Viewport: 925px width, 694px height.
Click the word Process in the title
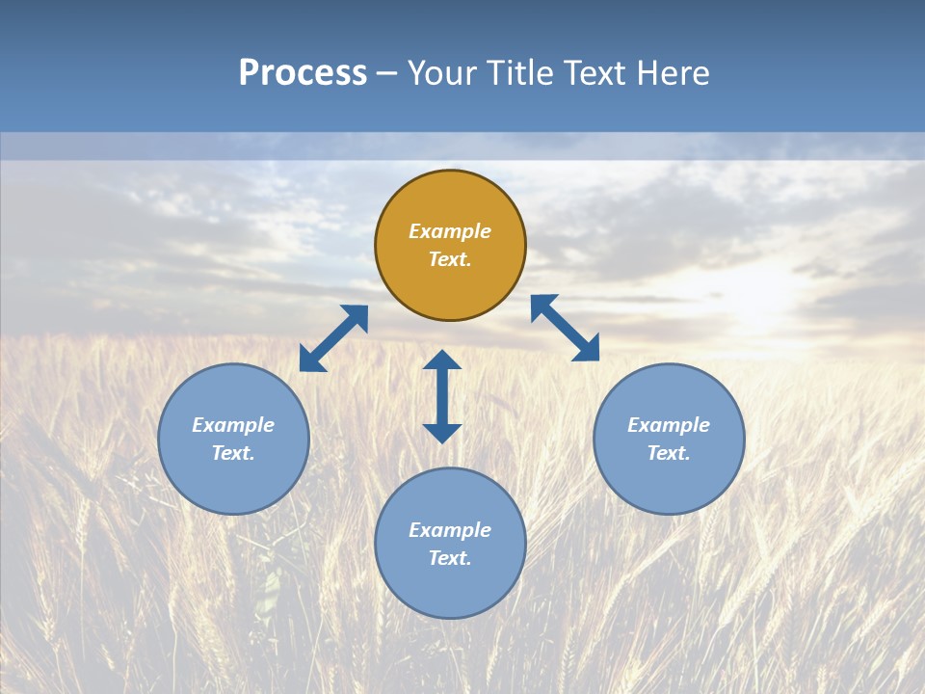[x=303, y=73]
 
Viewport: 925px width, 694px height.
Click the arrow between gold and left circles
[x=333, y=338]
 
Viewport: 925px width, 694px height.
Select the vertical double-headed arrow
[x=442, y=396]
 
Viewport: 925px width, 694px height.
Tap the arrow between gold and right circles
[x=565, y=328]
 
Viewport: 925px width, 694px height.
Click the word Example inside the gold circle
[x=450, y=231]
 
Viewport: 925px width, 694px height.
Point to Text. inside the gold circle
[x=450, y=259]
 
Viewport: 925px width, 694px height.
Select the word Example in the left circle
[x=233, y=425]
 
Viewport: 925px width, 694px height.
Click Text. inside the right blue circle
[x=669, y=453]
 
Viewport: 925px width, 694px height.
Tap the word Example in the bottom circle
[x=450, y=530]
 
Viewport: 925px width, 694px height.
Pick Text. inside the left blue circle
[x=233, y=453]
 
